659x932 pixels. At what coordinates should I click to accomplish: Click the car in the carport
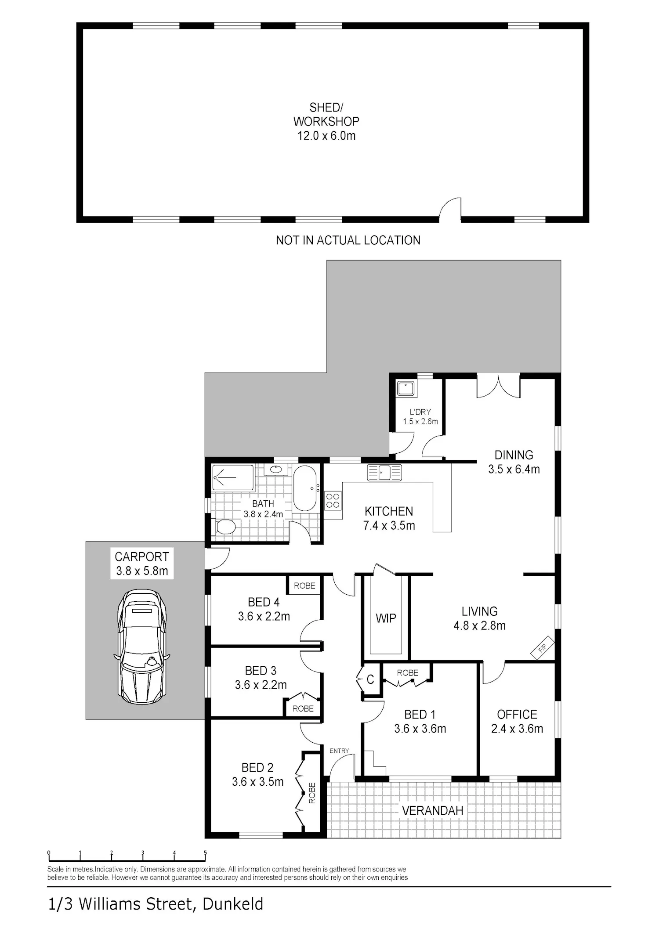[x=141, y=647]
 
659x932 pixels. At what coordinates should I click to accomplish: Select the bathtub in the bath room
[x=304, y=488]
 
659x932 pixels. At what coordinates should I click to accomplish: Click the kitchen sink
[x=384, y=473]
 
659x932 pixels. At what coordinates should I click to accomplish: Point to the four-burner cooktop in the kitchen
[x=333, y=501]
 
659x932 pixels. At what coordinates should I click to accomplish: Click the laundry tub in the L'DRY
[x=406, y=388]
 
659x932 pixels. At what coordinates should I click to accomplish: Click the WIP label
[x=386, y=618]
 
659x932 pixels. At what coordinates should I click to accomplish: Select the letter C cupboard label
[x=370, y=679]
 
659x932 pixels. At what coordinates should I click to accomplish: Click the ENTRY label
[x=339, y=751]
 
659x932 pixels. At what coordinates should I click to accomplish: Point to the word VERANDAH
[x=433, y=810]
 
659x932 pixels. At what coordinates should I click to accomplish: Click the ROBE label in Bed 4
[x=304, y=585]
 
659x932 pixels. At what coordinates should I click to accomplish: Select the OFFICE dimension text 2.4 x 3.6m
[x=517, y=729]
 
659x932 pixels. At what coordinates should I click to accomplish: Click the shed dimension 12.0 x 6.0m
[x=326, y=136]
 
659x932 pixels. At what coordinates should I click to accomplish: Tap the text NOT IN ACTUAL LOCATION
[x=348, y=240]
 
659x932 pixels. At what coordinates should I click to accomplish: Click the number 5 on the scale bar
[x=205, y=853]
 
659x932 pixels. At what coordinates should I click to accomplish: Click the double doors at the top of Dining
[x=499, y=387]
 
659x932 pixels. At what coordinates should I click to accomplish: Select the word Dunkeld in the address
[x=233, y=904]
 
